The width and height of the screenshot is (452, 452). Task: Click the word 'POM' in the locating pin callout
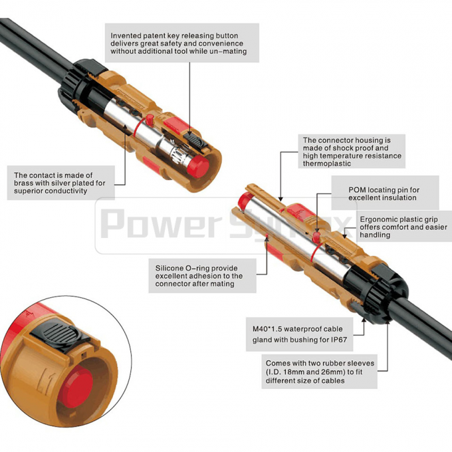click(x=358, y=189)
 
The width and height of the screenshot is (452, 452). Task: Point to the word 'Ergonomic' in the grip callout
click(x=380, y=219)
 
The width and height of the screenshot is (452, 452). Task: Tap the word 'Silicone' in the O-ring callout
click(x=171, y=265)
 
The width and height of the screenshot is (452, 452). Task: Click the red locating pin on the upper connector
click(x=151, y=120)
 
